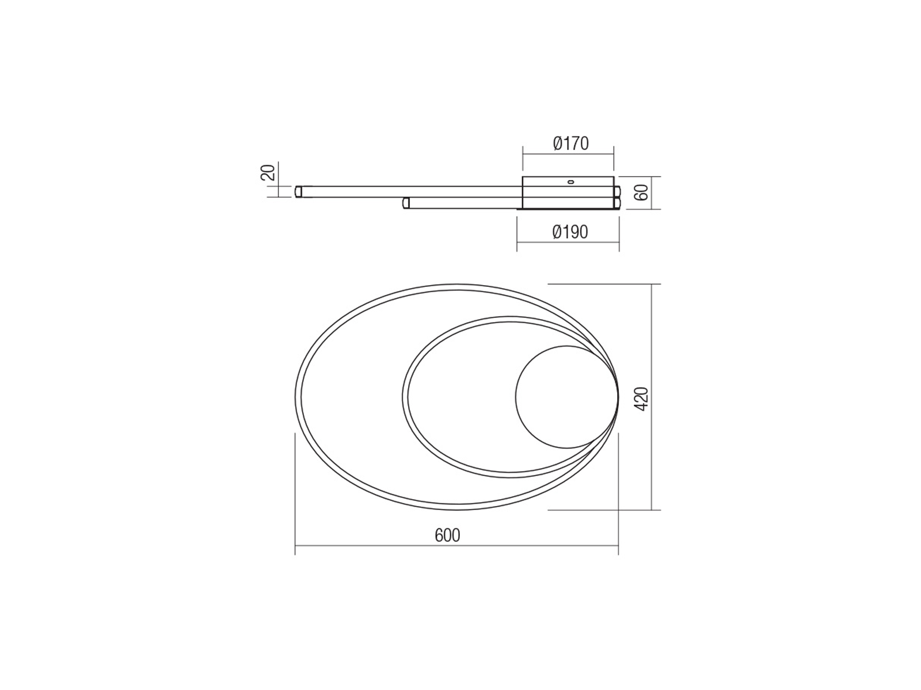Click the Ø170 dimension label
[x=571, y=144]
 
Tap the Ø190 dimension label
[x=570, y=232]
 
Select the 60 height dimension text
[x=642, y=193]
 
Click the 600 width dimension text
[x=448, y=535]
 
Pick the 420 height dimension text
[x=642, y=398]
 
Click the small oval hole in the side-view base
[x=570, y=182]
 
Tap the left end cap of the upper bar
[x=298, y=192]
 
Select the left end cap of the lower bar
[x=406, y=203]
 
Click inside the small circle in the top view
[x=566, y=397]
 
